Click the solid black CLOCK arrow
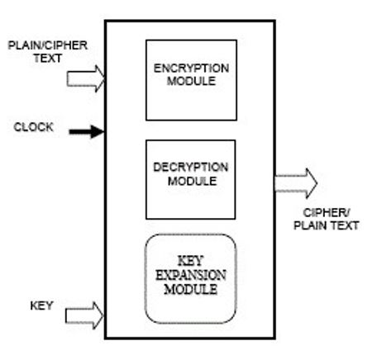(x=87, y=132)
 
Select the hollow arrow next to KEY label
(x=84, y=315)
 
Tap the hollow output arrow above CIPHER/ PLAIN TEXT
(x=296, y=183)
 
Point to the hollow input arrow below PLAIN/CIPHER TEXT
(x=86, y=78)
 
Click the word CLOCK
(x=34, y=127)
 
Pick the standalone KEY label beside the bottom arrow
(x=41, y=306)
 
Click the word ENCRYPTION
(x=191, y=69)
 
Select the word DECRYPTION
(x=191, y=168)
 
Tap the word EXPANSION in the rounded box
(x=191, y=275)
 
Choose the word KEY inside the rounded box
(x=190, y=261)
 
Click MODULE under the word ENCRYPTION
(x=191, y=81)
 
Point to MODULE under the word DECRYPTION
(x=192, y=181)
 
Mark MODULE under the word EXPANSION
(x=191, y=289)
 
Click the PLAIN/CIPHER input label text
(x=48, y=45)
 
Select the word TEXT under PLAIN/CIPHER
(x=48, y=59)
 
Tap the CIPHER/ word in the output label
(x=327, y=213)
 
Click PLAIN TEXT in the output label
(x=327, y=225)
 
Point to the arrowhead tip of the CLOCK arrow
(x=104, y=132)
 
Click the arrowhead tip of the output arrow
(x=317, y=183)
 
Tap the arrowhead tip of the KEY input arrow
(x=103, y=315)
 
